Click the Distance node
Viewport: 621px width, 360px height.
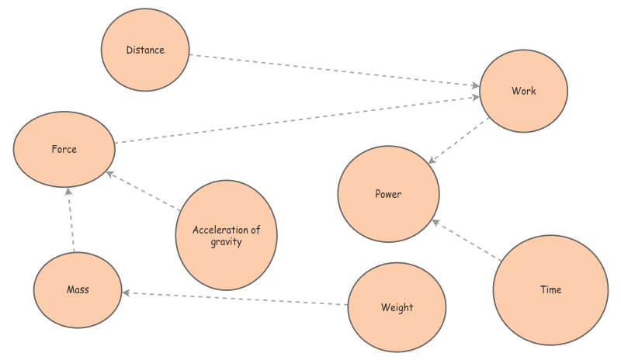(145, 50)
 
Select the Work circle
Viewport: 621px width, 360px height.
(523, 91)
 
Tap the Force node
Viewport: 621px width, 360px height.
(64, 149)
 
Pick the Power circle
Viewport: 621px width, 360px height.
(388, 194)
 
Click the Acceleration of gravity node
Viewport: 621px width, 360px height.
(226, 235)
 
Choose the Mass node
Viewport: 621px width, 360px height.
(78, 290)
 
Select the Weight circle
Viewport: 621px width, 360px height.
(397, 307)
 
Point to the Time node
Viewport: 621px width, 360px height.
(550, 290)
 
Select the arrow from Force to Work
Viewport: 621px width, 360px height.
(295, 120)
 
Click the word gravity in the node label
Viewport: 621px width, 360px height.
(226, 242)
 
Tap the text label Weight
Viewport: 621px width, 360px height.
(397, 308)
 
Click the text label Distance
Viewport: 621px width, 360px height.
(145, 50)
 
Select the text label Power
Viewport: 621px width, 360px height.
(388, 194)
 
